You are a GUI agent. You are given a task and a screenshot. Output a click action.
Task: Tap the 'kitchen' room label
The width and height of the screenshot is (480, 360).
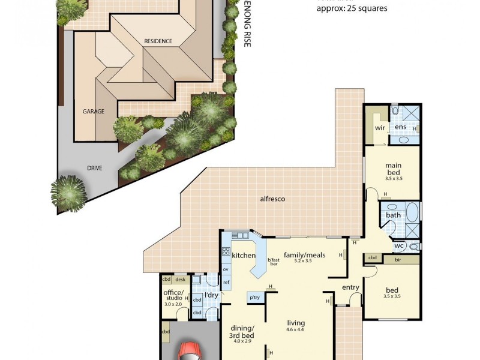tap(244, 256)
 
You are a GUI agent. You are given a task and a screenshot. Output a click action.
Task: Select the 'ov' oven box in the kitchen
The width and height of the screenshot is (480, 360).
tap(226, 269)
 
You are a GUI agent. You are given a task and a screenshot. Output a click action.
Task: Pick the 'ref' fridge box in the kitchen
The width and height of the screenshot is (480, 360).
tap(226, 282)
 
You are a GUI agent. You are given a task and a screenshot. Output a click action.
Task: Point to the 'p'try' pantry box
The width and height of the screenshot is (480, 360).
tap(254, 297)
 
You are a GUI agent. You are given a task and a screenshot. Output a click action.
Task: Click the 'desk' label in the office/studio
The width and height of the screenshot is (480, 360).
tap(180, 280)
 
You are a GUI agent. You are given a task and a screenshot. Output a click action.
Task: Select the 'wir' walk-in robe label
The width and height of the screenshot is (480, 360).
tap(380, 128)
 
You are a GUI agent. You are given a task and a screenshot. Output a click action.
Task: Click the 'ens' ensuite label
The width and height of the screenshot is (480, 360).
tap(400, 128)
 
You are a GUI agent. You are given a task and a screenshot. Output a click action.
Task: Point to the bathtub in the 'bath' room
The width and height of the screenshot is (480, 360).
tap(412, 212)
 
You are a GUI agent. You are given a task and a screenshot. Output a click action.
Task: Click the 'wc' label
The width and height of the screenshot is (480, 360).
tap(399, 246)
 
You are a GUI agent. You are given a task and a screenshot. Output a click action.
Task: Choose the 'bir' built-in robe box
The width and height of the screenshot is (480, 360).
tap(398, 259)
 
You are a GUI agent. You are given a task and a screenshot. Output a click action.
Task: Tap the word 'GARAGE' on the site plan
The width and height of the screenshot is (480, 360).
tap(93, 112)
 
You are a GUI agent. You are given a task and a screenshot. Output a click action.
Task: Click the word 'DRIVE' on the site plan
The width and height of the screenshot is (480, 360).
tap(94, 168)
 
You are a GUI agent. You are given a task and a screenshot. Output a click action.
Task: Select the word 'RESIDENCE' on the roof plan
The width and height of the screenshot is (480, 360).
tap(158, 41)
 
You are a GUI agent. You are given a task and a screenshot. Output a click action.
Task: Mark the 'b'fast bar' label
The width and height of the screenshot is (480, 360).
tap(274, 262)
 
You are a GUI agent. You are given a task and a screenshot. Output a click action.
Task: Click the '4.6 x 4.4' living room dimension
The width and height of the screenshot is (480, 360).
tap(296, 329)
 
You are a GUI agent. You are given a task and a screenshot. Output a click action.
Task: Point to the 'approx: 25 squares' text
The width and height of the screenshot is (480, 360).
tap(352, 8)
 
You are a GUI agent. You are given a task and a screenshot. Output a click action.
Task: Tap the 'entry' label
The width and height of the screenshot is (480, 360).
tap(350, 287)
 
